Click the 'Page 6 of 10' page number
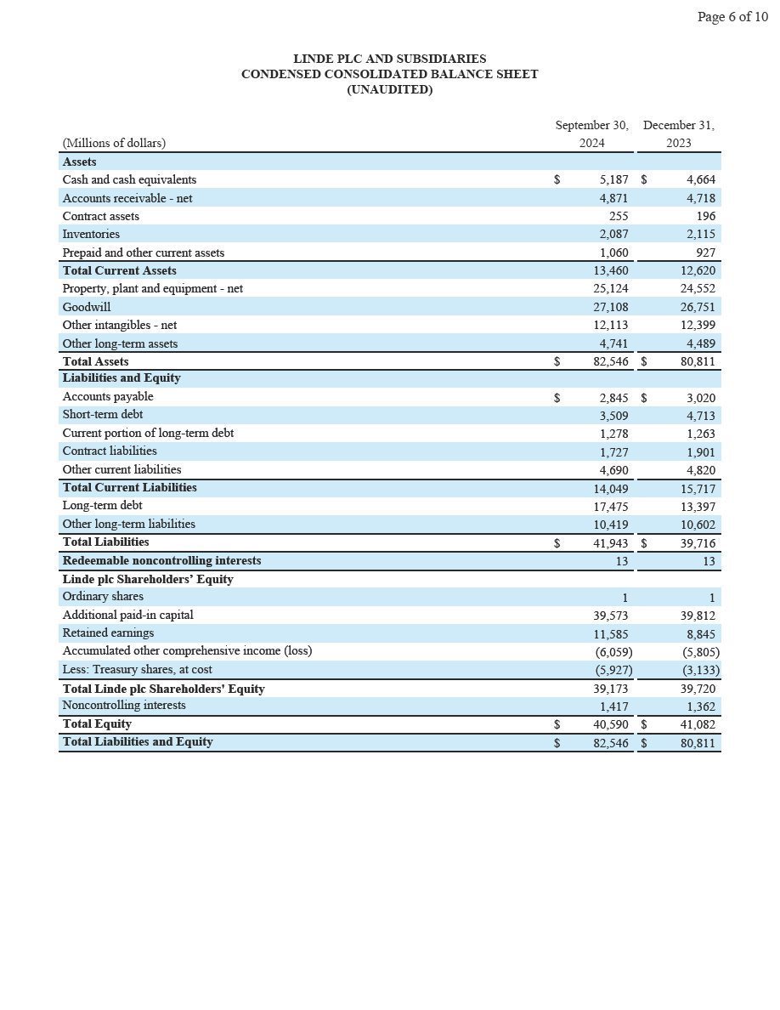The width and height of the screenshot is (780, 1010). pos(732,17)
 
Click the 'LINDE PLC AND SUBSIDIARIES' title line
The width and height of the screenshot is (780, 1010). pos(389,59)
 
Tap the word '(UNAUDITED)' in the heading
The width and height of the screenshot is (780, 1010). pos(389,89)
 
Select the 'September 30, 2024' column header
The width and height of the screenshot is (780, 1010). pos(591,133)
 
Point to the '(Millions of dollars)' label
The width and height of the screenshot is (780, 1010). pos(114,143)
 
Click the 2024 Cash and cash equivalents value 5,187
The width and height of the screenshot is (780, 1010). pos(613,179)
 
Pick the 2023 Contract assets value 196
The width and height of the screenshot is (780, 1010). pos(705,216)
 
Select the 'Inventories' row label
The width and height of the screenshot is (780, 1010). pos(91,234)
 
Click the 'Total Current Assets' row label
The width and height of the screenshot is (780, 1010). pos(119,270)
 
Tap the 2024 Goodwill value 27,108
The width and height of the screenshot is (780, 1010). pos(610,307)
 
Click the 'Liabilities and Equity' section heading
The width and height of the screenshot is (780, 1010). pos(121,377)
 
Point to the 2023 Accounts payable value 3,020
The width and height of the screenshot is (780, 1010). pos(700,398)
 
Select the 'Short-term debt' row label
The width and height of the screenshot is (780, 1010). pos(102,414)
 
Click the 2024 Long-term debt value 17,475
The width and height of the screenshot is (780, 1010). pos(610,506)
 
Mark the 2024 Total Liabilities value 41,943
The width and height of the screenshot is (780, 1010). pos(610,542)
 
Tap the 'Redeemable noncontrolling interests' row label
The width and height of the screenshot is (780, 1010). pos(161,560)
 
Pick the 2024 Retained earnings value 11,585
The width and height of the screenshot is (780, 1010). pos(610,633)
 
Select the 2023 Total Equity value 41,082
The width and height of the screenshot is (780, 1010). pos(698,725)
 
